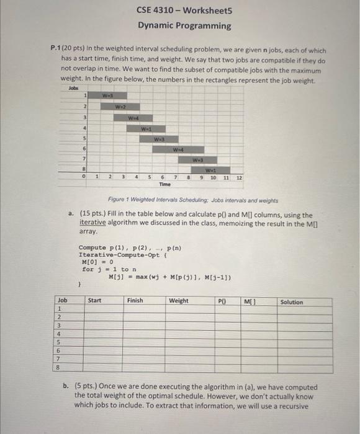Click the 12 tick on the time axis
[238, 178]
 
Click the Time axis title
[165, 185]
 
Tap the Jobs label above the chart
[74, 88]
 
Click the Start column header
[95, 301]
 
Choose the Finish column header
[135, 301]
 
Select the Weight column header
[179, 301]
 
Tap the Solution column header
[292, 302]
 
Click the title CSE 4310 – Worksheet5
[184, 11]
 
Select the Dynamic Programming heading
[184, 26]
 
